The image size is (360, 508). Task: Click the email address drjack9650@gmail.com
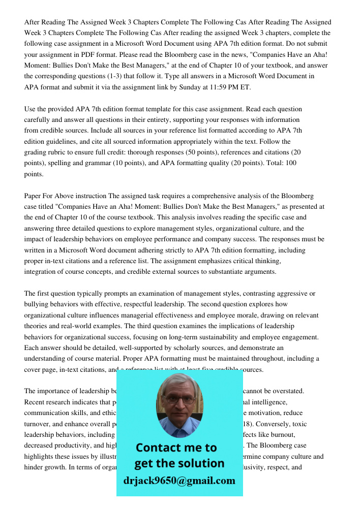(179, 481)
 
